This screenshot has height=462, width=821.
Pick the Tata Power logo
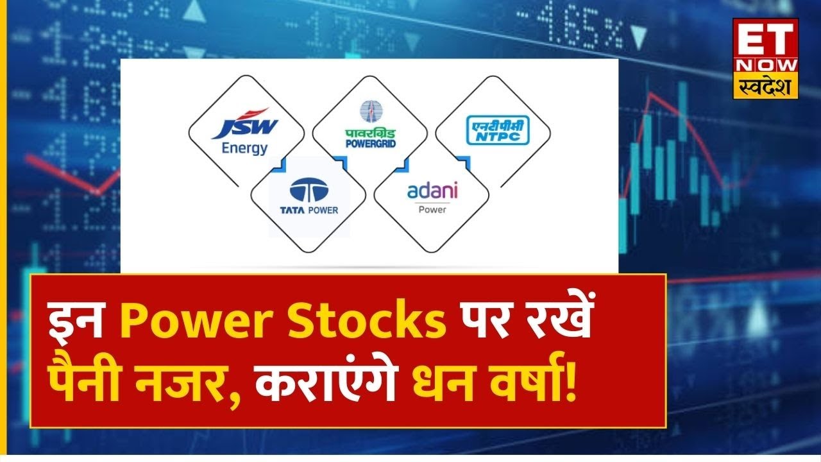click(309, 198)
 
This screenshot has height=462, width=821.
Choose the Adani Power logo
click(431, 196)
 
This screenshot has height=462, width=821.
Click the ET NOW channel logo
click(766, 58)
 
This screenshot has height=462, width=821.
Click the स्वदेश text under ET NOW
click(766, 86)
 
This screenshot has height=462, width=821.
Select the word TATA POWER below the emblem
click(309, 210)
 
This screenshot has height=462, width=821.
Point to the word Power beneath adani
click(431, 209)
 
